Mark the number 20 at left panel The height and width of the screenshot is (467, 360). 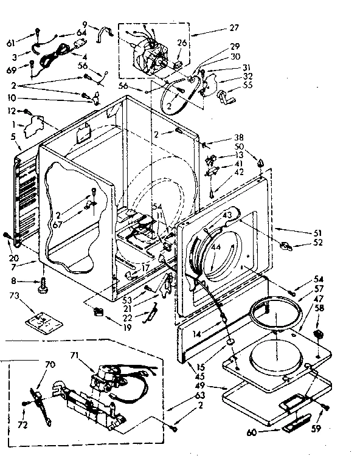(13, 241)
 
